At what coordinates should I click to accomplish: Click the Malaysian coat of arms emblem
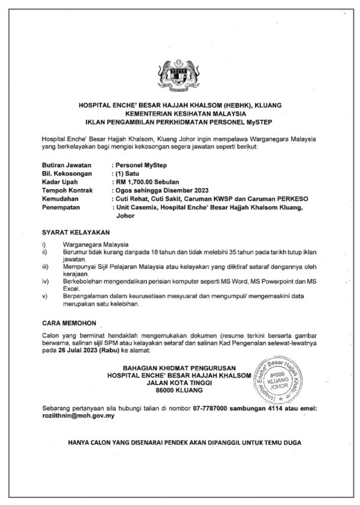[180, 73]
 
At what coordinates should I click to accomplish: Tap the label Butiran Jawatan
[67, 163]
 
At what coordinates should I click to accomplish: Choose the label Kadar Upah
[61, 181]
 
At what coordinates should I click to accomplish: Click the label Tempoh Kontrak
[67, 190]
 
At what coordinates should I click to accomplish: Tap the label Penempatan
[63, 208]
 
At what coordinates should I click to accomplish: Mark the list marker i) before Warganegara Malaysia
[44, 245]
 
